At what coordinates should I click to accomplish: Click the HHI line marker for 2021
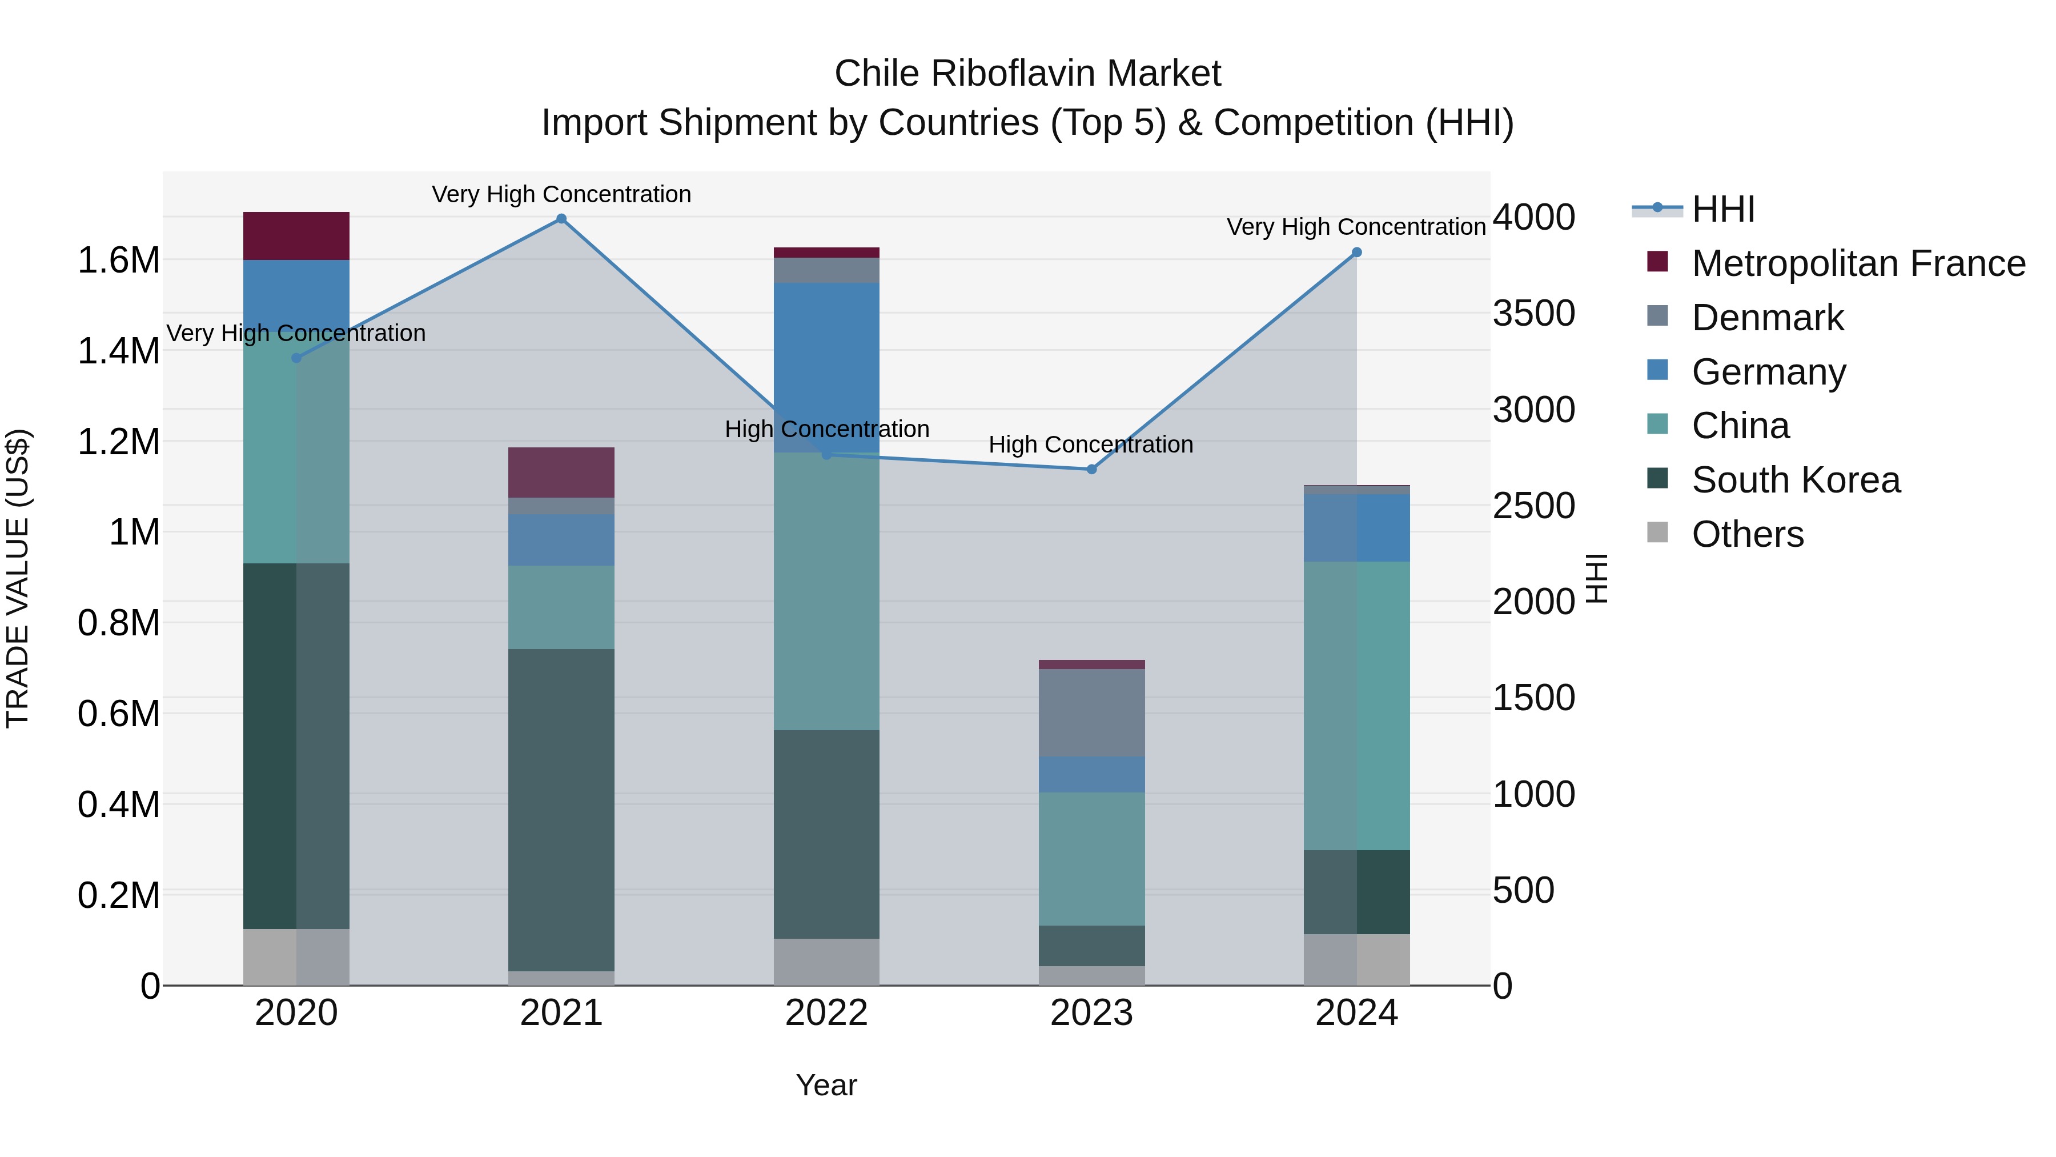click(x=561, y=219)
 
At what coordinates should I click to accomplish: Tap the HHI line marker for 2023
click(x=1092, y=470)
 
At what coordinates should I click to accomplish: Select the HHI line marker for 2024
click(x=1357, y=253)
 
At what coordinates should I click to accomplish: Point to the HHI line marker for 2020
click(x=296, y=358)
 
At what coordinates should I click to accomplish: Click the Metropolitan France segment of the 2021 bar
click(x=561, y=473)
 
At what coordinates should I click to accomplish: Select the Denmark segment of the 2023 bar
click(x=1092, y=713)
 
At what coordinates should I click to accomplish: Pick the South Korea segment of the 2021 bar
click(x=561, y=810)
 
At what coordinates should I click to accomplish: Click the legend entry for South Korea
click(x=1795, y=480)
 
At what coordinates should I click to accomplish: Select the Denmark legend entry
click(x=1767, y=318)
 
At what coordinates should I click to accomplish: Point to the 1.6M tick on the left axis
click(x=118, y=261)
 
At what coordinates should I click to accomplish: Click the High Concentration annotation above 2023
click(x=1091, y=445)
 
